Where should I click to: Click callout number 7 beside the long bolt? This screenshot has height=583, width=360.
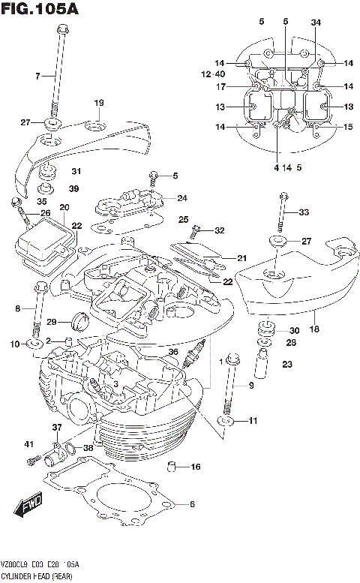[36, 76]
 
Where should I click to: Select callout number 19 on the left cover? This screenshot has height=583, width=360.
[98, 103]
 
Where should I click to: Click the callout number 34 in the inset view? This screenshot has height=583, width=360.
[316, 23]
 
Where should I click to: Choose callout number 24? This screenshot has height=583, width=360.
[182, 198]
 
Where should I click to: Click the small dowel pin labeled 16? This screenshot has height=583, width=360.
[174, 468]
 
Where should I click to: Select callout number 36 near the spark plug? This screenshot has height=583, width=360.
[173, 351]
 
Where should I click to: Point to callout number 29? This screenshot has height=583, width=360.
[52, 322]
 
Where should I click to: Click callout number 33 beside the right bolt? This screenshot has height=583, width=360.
[303, 212]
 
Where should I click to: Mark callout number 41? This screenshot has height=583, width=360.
[31, 444]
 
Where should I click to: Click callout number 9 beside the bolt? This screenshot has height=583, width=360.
[251, 386]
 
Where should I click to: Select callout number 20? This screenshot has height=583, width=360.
[64, 208]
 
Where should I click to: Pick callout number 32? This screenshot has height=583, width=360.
[219, 230]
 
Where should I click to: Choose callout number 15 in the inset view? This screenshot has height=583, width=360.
[347, 127]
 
